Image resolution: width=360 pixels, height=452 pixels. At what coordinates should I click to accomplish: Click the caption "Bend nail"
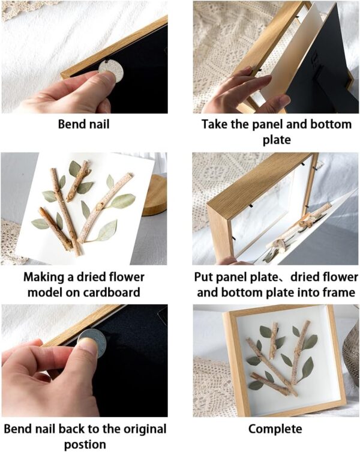tap(83, 125)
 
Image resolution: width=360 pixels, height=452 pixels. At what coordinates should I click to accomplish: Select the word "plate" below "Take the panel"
tap(276, 139)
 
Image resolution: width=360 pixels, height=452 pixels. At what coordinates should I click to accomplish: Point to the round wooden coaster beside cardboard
tap(155, 195)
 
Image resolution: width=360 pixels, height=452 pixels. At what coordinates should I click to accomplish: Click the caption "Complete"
tap(275, 429)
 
